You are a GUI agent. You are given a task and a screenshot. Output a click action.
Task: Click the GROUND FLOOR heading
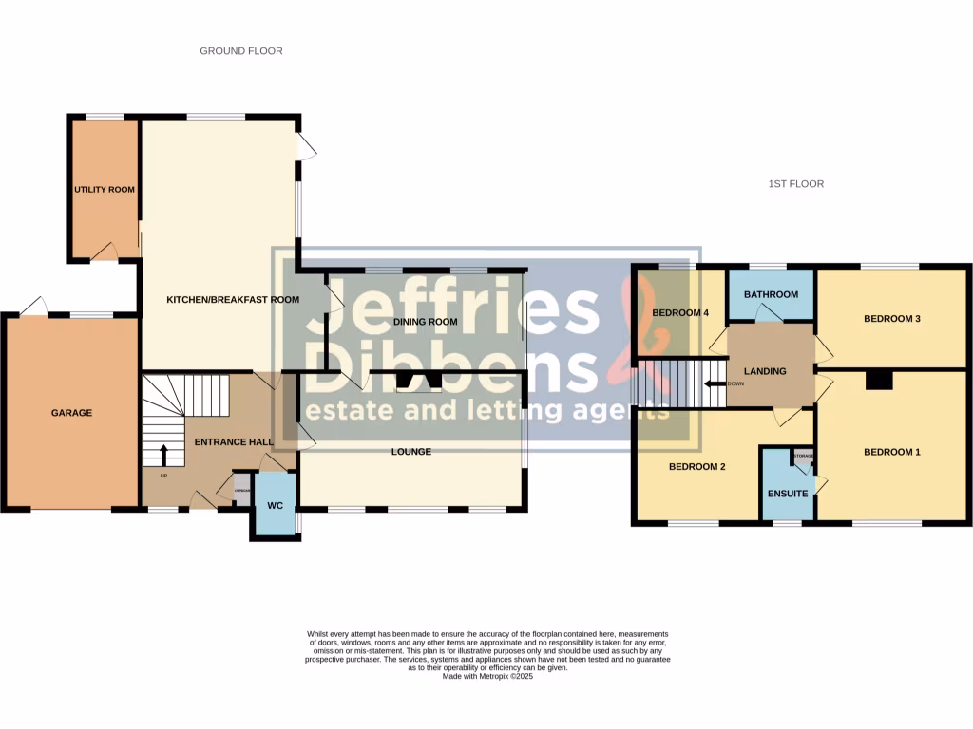click(240, 51)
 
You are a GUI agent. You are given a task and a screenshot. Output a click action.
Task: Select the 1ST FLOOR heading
click(795, 184)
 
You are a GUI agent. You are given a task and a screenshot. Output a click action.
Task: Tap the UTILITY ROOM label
click(105, 190)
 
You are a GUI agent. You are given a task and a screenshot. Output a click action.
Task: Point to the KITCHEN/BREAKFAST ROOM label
click(233, 300)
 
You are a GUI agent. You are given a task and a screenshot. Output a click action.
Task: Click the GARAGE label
click(71, 413)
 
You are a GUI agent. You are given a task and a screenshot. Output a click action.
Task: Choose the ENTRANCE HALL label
click(234, 442)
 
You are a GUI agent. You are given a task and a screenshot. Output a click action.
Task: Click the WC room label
click(275, 503)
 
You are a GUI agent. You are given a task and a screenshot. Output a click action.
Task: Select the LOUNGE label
click(410, 452)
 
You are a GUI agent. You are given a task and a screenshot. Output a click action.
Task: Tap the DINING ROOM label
click(425, 322)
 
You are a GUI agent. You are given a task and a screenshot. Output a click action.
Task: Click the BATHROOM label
click(771, 294)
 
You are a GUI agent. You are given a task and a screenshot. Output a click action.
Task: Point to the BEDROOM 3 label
click(891, 319)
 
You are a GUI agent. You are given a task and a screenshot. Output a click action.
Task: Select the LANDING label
click(765, 371)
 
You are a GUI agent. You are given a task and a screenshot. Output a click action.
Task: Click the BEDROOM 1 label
click(891, 453)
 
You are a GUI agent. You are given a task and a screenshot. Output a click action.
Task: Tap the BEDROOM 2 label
click(696, 466)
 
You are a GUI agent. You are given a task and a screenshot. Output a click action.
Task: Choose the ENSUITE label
click(788, 494)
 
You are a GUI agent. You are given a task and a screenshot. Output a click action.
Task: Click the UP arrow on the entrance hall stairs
click(163, 454)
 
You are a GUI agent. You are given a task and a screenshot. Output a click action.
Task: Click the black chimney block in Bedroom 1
click(879, 381)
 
